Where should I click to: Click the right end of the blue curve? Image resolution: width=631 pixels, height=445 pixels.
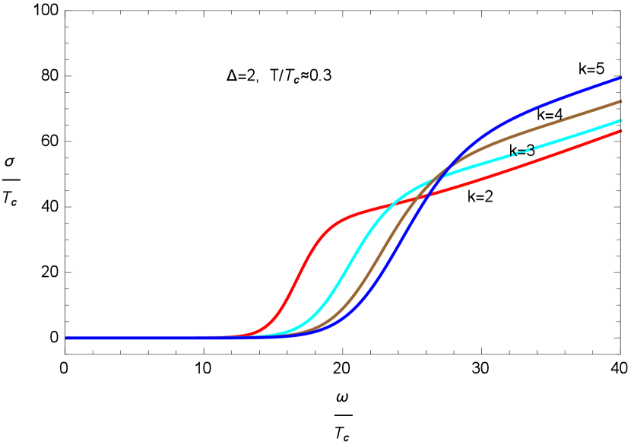tap(621, 77)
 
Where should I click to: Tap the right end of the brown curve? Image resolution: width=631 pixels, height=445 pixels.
tap(621, 100)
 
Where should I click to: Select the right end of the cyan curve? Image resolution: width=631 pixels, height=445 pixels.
tap(621, 120)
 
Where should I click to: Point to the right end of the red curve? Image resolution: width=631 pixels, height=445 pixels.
tap(621, 131)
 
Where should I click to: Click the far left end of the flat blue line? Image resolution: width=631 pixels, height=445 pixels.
tap(67, 338)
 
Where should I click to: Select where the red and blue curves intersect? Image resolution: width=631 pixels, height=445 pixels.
tap(426, 194)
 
